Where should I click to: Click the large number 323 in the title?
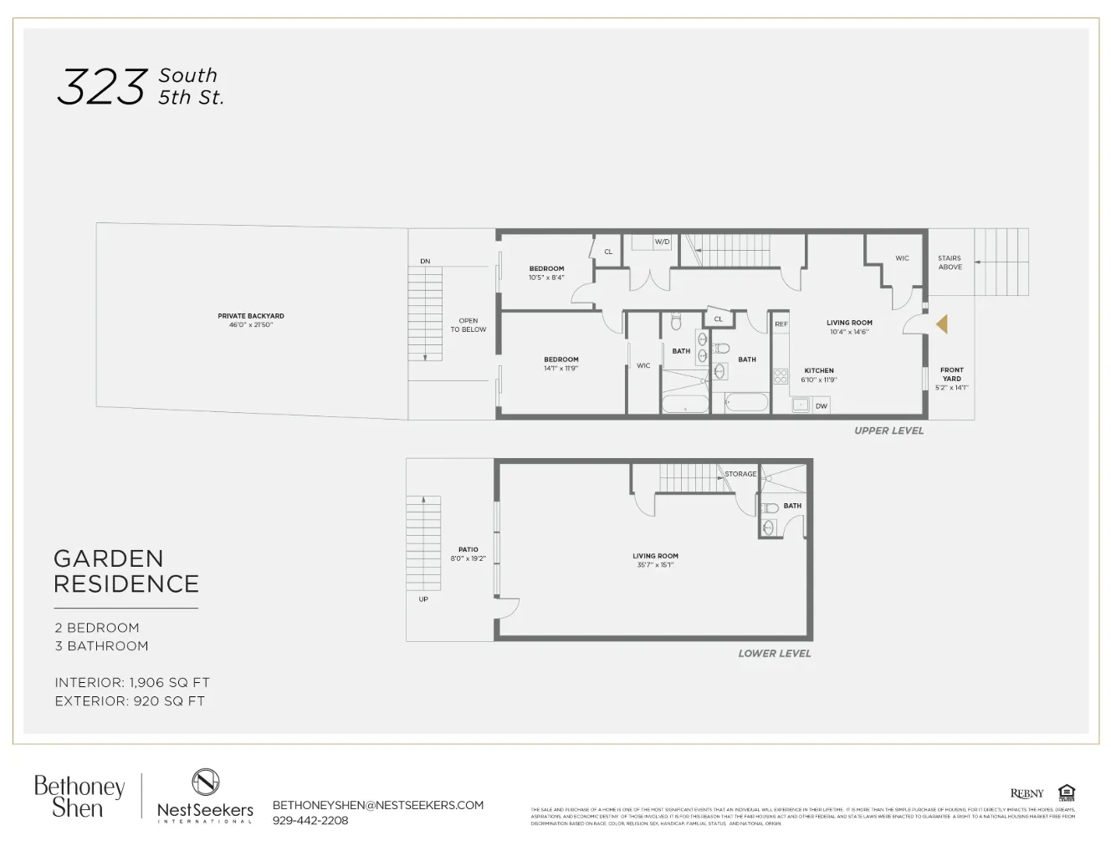click(101, 87)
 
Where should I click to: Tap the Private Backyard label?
click(251, 316)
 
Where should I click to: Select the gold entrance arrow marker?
click(942, 324)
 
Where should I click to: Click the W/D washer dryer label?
click(662, 242)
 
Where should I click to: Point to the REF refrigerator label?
click(781, 324)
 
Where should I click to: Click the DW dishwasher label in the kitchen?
click(821, 406)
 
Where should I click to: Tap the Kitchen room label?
click(819, 370)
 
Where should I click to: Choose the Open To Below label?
click(468, 325)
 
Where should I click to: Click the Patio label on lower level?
click(468, 550)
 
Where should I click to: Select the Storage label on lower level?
click(740, 474)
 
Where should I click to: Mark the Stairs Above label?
click(950, 262)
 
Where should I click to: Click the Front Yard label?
click(951, 374)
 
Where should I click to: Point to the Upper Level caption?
click(888, 431)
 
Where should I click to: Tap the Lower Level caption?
click(774, 654)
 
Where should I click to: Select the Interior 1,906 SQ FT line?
click(132, 683)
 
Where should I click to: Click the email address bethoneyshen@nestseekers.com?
click(378, 805)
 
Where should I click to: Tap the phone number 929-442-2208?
click(310, 821)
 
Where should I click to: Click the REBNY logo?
click(1027, 793)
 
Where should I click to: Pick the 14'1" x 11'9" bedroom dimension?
click(561, 369)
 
